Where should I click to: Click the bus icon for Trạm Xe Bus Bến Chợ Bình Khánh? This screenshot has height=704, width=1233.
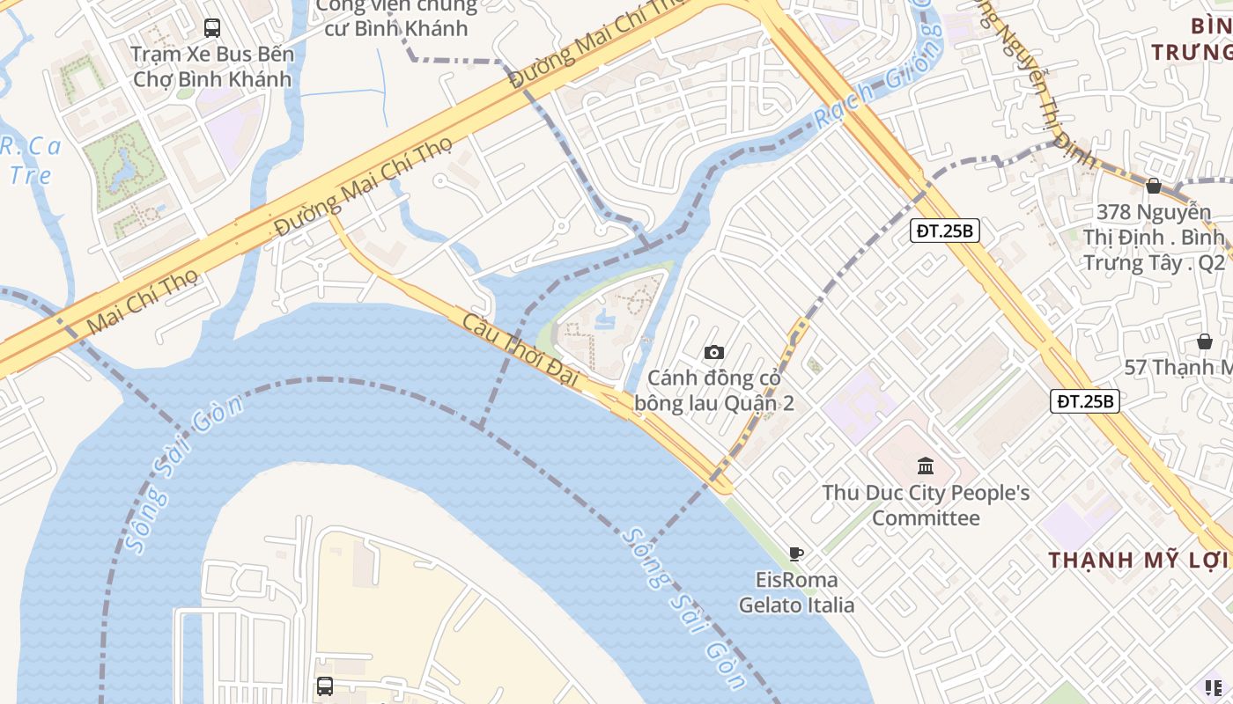211,27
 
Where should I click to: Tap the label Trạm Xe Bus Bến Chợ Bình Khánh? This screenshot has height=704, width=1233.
211,67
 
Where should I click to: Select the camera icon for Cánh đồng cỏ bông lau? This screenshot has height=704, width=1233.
714,352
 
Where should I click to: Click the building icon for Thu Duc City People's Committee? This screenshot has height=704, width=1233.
926,466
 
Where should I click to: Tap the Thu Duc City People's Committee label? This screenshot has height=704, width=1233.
926,505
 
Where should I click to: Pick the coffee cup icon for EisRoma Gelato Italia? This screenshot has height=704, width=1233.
796,554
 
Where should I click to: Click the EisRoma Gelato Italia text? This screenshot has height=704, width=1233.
796,592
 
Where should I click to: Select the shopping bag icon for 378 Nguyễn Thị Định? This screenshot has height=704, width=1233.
1153,186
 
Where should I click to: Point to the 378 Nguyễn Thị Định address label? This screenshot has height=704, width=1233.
1154,238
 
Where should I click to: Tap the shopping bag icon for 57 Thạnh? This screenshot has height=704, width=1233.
1204,341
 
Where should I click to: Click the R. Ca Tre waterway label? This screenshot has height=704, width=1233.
32,160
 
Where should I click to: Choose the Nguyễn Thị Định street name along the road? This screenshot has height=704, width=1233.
1039,88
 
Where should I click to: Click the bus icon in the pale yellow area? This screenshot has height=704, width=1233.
325,686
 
